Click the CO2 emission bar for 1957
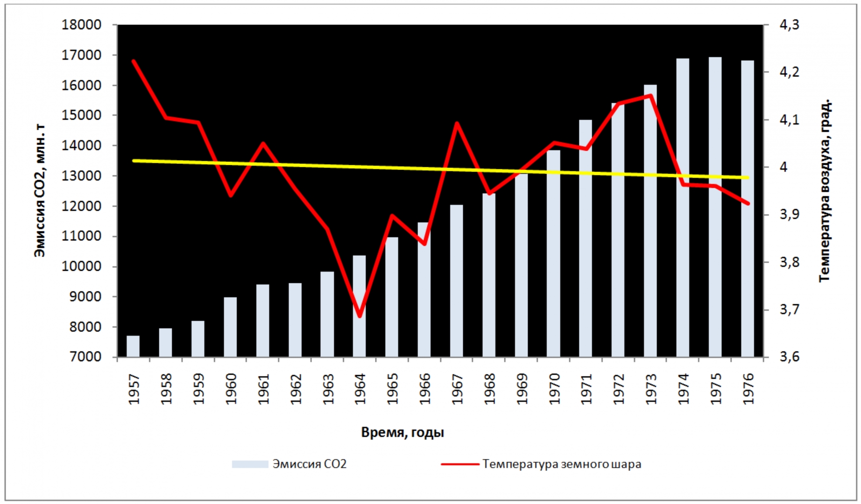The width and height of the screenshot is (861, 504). (x=133, y=346)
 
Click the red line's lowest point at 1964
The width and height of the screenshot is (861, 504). (x=360, y=316)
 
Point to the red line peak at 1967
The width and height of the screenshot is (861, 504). (x=457, y=123)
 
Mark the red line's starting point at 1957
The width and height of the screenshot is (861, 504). (x=134, y=61)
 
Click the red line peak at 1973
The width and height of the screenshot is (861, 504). (x=650, y=96)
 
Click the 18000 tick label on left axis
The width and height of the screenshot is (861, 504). (x=82, y=25)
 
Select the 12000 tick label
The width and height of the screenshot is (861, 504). (x=82, y=206)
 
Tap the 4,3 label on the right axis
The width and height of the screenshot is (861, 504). (x=790, y=25)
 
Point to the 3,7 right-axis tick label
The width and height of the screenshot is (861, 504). (x=790, y=309)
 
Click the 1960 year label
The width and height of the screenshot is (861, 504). (x=231, y=389)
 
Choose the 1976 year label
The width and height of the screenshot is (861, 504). (x=748, y=389)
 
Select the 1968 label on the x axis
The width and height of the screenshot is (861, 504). (x=489, y=389)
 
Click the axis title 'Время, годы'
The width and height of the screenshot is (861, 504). (x=402, y=433)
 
